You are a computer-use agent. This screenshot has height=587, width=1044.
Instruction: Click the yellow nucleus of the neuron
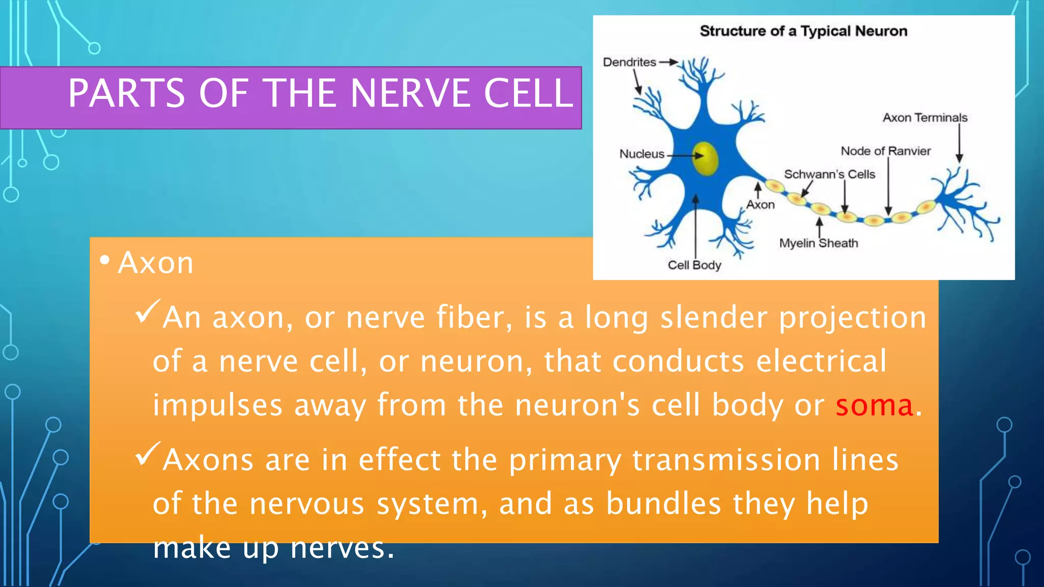tap(706, 158)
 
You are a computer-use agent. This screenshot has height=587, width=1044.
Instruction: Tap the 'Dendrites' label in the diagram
tap(630, 62)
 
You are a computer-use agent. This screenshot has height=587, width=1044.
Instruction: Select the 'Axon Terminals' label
tap(925, 118)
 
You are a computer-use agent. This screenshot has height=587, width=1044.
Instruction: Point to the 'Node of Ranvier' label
tap(885, 151)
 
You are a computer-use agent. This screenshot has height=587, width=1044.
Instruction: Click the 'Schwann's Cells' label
tap(829, 174)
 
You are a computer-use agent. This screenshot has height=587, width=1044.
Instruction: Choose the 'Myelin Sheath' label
tap(818, 243)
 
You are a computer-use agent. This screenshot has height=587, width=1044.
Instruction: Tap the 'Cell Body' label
tap(694, 265)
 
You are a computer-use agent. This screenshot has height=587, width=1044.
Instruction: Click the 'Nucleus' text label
tap(642, 154)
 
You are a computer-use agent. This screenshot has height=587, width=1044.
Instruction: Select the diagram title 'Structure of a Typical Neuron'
tap(803, 31)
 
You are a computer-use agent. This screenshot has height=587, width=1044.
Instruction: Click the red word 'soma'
tap(874, 406)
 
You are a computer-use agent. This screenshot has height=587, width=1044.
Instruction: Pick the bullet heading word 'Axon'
tap(155, 263)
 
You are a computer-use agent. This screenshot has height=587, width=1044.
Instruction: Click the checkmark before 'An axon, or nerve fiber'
tap(148, 311)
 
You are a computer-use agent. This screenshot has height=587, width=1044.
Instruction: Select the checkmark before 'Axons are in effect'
tap(148, 454)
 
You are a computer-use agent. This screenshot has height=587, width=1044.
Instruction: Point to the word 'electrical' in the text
tap(821, 361)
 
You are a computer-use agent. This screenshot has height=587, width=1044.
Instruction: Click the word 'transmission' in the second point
tap(726, 460)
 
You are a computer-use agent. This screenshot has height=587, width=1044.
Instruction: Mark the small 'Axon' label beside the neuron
tap(760, 205)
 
